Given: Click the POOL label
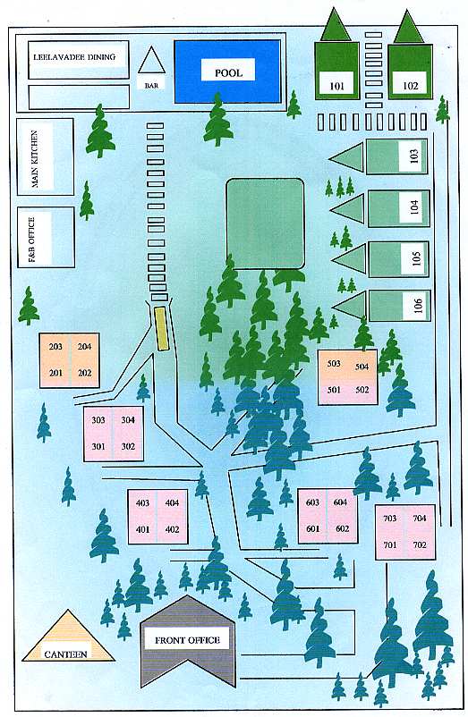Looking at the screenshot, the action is pos(228,72).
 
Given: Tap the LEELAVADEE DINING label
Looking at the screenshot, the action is pos(74,57).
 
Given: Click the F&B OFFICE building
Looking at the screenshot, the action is pos(46,237).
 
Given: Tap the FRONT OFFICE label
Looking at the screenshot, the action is pos(187,640).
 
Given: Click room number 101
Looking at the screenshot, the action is pos(336,86).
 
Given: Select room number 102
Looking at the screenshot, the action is pos(411,86).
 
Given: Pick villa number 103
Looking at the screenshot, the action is pos(414,156).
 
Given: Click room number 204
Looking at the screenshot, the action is pos(85,347).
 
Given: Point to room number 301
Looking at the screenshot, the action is pos(98,446).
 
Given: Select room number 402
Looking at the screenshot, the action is pos(172,529).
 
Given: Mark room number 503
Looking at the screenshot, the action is pos(334,363).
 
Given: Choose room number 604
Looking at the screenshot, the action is pos(340,502).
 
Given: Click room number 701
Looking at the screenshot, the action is pos(390,544).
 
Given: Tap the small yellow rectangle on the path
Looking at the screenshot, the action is pos(161,329).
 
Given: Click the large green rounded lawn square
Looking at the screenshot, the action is pos(266,224).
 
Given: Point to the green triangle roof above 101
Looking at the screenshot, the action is pos(336,24).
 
